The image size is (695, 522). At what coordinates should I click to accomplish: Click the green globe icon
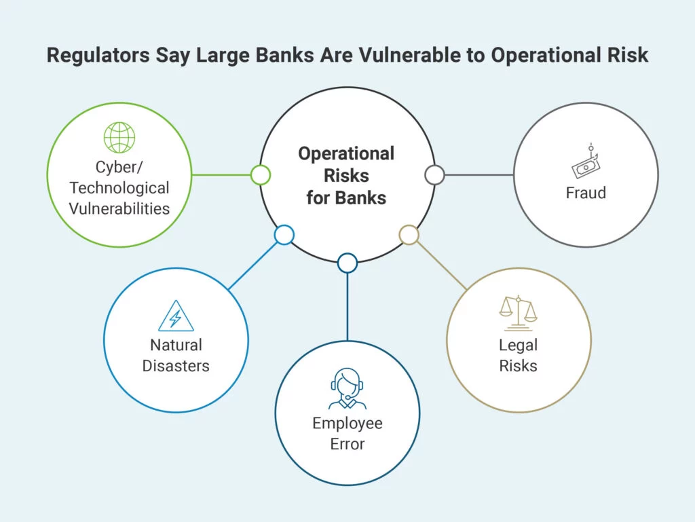point(119,137)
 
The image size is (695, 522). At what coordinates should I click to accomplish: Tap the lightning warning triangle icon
point(176,316)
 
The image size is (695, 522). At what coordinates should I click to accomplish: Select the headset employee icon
point(347,389)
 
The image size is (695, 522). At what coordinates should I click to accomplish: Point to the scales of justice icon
point(518,314)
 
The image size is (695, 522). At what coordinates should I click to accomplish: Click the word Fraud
point(586,193)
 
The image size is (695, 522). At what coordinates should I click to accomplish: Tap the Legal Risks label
point(518,356)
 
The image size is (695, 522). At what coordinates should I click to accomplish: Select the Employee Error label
point(347,434)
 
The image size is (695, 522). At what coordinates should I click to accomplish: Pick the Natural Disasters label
point(176,356)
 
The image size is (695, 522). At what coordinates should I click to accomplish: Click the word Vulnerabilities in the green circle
point(119,208)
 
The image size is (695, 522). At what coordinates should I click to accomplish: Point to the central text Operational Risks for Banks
point(346,176)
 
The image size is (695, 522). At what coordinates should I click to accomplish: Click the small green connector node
point(261,175)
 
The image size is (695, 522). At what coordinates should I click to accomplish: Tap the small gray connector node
point(435,175)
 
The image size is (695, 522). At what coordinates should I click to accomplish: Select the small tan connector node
point(409,235)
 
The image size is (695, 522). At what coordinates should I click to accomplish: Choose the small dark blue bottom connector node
point(347,263)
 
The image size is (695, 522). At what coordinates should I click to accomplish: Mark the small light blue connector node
point(284,235)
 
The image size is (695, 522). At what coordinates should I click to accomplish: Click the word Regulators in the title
point(98,56)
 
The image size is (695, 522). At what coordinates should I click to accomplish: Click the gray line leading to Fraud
point(479,175)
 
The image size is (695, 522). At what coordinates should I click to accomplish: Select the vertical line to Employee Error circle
point(347,307)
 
